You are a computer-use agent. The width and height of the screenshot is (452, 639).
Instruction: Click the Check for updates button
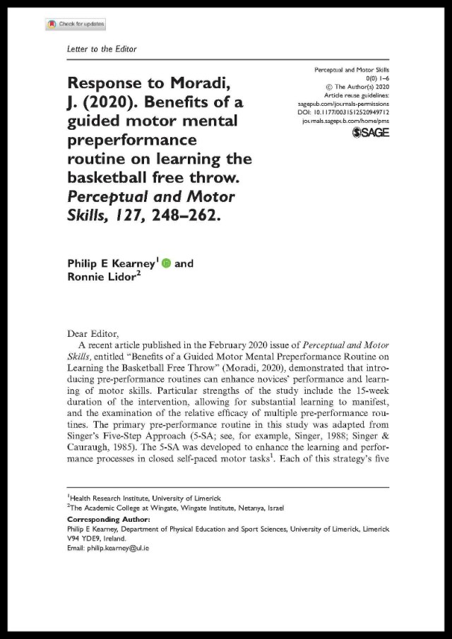tap(76, 24)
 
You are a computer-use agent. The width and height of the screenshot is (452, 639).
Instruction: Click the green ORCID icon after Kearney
tap(166, 263)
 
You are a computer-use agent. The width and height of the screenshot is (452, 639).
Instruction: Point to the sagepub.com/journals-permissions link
tap(342, 103)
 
